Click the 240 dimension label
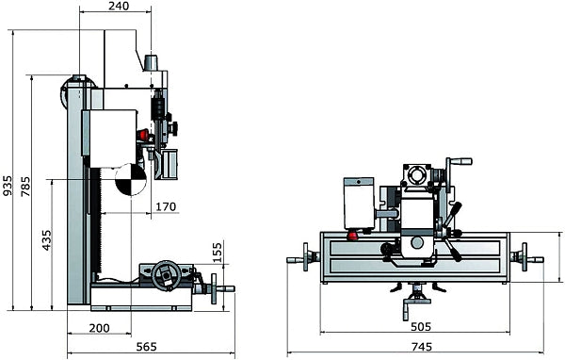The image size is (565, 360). (x=119, y=6)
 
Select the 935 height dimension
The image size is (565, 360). (x=7, y=186)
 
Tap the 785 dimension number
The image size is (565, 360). (x=25, y=187)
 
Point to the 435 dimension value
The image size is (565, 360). (x=47, y=240)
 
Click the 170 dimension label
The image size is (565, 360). (x=166, y=206)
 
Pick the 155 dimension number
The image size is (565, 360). (x=217, y=253)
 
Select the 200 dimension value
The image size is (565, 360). (x=99, y=328)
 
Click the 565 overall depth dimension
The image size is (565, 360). (x=147, y=347)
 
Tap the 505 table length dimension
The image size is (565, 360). (x=421, y=326)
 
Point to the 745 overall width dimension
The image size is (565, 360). (x=421, y=347)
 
